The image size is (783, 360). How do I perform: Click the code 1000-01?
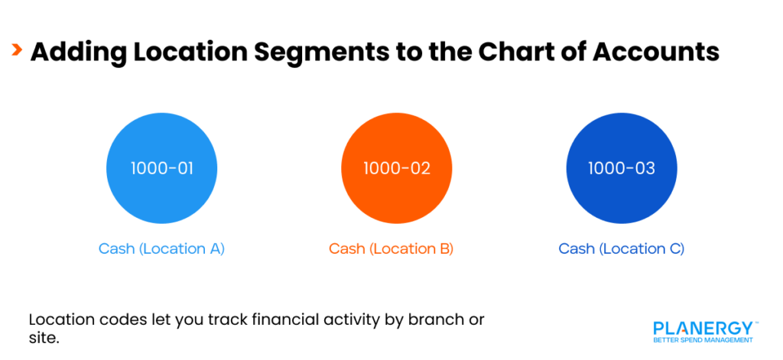161,168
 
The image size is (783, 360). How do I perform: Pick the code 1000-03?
621,168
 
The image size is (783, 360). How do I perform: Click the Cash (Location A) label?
161,248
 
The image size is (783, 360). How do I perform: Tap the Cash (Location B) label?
391,248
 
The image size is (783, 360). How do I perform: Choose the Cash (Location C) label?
621,248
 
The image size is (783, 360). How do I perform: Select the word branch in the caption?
430,319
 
